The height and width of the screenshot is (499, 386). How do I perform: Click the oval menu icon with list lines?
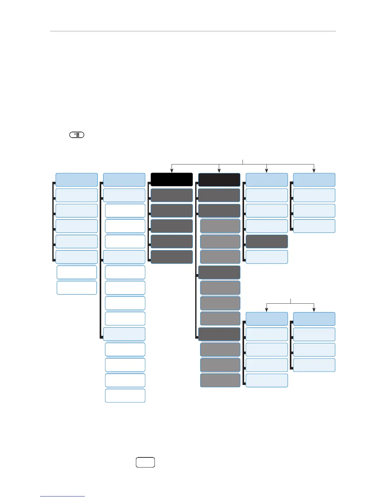(77, 135)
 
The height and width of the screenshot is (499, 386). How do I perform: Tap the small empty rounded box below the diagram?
(145, 462)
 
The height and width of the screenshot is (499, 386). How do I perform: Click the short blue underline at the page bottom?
(62, 496)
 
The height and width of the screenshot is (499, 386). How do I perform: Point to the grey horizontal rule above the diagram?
(193, 31)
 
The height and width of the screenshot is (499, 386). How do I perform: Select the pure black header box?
(172, 180)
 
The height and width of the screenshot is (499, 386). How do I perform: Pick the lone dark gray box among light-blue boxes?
(267, 241)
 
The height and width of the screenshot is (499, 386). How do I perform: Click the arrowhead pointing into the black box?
(172, 171)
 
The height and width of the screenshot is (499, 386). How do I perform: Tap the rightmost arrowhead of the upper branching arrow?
(314, 171)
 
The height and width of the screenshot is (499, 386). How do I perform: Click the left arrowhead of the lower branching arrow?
(267, 310)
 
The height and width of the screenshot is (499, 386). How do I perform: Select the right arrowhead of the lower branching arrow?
(314, 310)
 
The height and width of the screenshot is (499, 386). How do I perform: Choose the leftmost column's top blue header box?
(77, 180)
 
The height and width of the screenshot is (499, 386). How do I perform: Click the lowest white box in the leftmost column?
(77, 288)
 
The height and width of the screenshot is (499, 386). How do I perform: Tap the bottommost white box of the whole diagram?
(125, 396)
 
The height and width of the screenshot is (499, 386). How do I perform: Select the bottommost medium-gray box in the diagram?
(220, 380)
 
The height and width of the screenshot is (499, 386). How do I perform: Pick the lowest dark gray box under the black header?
(172, 257)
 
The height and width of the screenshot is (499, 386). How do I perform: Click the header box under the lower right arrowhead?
(314, 319)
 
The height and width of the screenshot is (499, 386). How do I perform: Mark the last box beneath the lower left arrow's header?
(267, 380)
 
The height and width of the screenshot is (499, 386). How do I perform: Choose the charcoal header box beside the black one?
(219, 180)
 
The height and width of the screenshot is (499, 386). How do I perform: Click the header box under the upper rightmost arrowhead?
(314, 180)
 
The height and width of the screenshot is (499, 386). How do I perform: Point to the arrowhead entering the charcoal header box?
(219, 171)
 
